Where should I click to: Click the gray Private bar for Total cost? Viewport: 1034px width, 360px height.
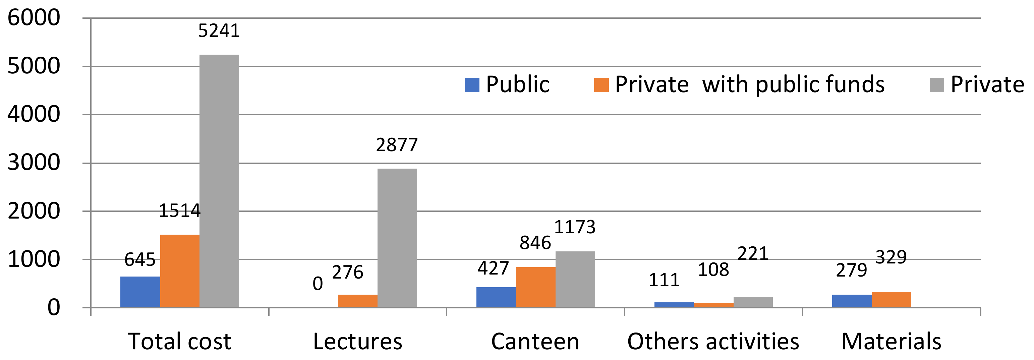[219, 181]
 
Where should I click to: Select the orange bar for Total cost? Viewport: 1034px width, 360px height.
[180, 271]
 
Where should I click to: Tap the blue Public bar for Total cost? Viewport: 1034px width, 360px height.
[140, 292]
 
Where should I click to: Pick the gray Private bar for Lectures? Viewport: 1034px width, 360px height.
[397, 238]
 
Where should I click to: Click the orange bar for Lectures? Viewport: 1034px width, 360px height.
[358, 301]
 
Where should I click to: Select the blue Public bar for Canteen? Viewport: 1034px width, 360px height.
[496, 297]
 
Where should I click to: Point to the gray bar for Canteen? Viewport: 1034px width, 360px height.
[575, 279]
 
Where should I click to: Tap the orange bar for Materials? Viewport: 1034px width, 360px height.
[892, 299]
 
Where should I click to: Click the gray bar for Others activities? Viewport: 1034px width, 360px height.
[753, 302]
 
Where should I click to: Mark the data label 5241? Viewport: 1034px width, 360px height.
[219, 31]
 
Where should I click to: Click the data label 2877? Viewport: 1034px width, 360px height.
[397, 145]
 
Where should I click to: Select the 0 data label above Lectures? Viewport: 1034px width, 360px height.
[318, 284]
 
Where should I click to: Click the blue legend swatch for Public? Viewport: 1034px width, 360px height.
[472, 85]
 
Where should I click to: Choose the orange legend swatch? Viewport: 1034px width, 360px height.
[601, 85]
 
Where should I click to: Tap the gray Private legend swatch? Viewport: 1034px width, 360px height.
[937, 85]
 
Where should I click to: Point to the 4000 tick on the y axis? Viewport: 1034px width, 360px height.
[34, 114]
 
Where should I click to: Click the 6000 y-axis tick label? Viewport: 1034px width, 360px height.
[34, 18]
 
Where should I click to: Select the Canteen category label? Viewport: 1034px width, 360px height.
[535, 342]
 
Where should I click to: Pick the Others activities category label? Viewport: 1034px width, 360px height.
[713, 342]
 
